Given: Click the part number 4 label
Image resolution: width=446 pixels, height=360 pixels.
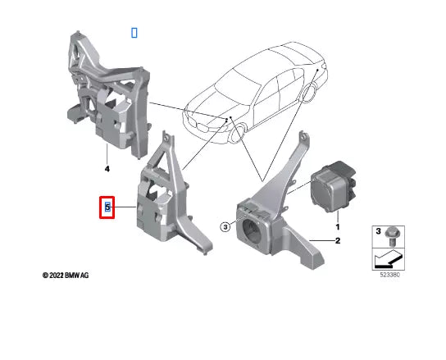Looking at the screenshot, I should tap(107, 169).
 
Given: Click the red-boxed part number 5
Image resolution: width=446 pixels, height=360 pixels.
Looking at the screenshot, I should tap(107, 208).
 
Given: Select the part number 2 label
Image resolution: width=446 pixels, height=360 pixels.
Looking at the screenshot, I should tap(336, 241).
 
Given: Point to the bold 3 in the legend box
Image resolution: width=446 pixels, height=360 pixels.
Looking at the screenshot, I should tap(379, 232).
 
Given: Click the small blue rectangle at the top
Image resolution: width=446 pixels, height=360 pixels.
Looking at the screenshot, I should tap(134, 32).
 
